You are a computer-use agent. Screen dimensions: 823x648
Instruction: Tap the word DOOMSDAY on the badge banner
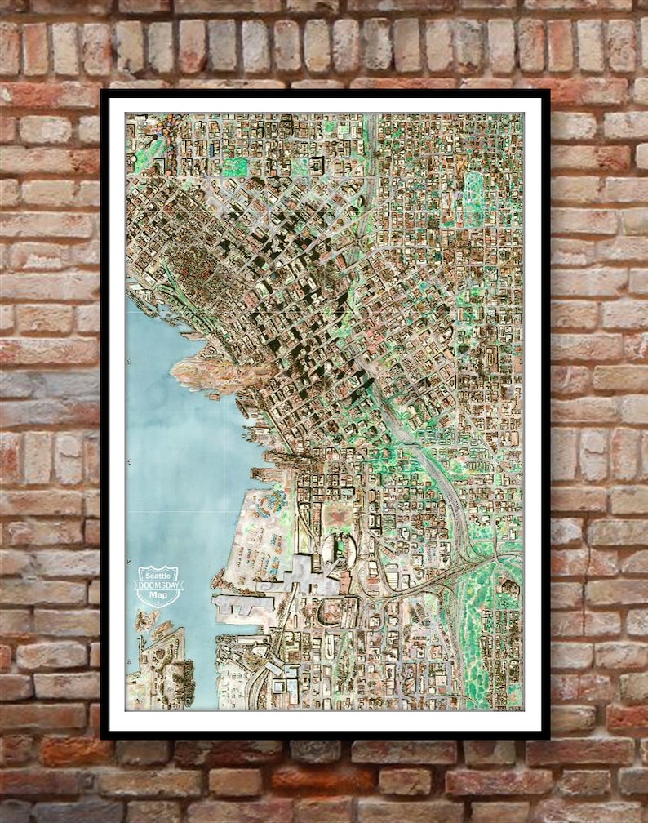pos(158,586)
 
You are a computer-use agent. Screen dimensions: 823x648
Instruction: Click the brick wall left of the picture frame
pos(49,408)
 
